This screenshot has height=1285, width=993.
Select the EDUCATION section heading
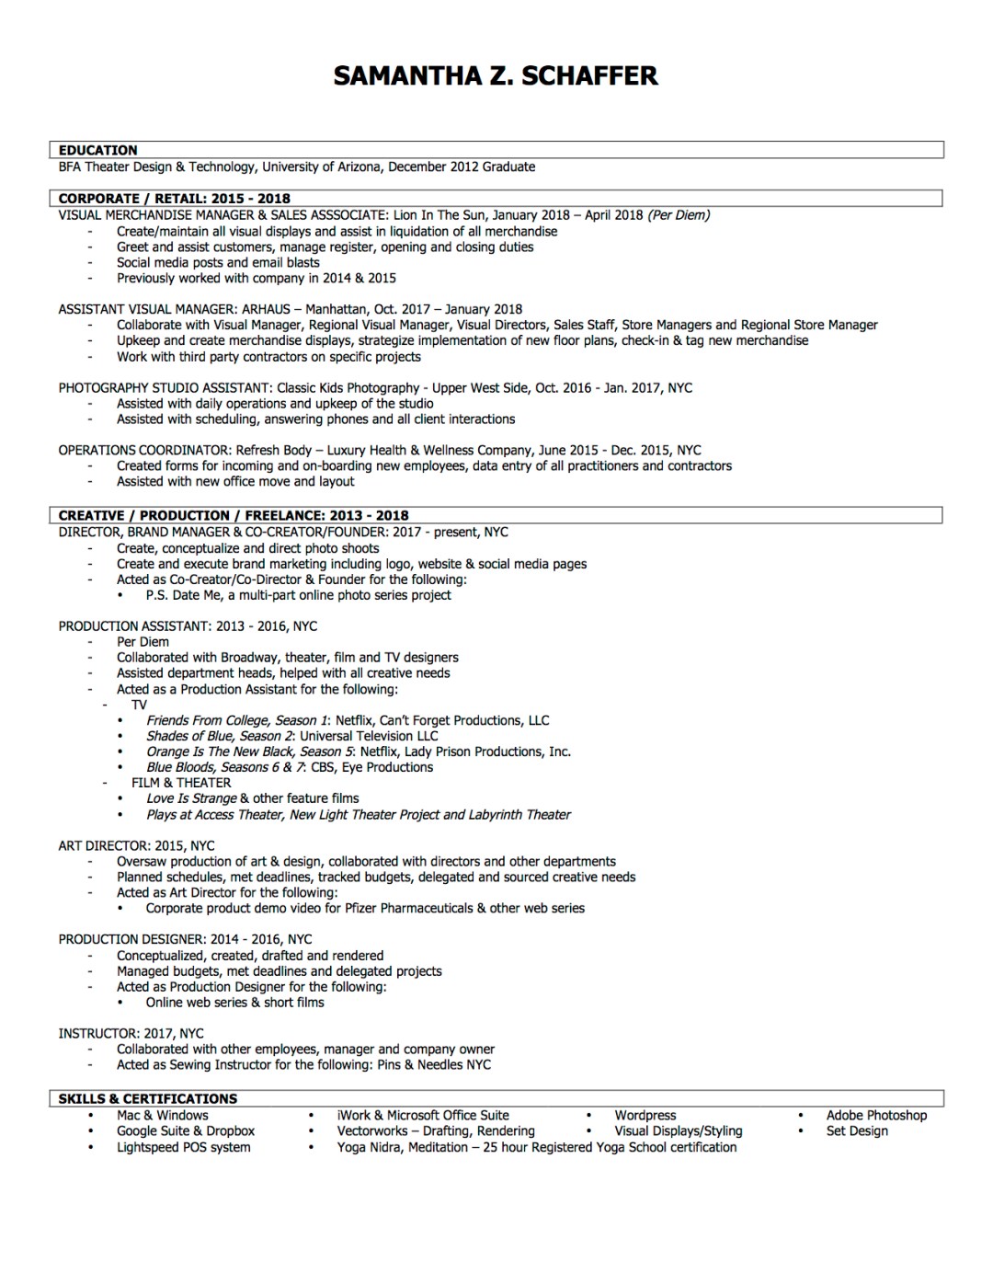[x=97, y=150]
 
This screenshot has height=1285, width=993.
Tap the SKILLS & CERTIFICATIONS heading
[x=147, y=1098]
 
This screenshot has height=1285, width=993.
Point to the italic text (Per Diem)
[x=679, y=215]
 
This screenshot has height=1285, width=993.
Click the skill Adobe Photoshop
[x=876, y=1115]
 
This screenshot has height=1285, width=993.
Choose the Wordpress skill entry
[x=645, y=1115]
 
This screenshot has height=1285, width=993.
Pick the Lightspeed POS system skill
[x=183, y=1147]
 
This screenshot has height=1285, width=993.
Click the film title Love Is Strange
[x=191, y=798]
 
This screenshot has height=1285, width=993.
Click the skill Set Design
[x=857, y=1130]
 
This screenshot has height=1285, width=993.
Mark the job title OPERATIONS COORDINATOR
[x=143, y=450]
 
